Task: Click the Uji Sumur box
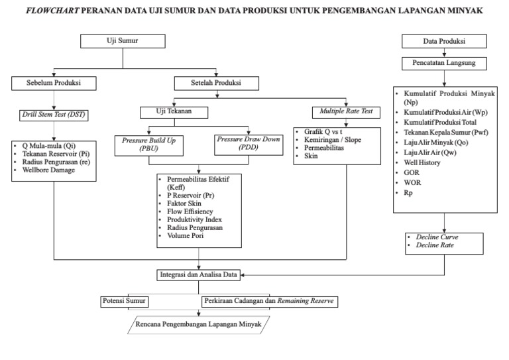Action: point(122,41)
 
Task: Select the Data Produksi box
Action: point(443,41)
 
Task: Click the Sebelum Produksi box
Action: point(54,84)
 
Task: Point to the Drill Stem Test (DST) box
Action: point(54,115)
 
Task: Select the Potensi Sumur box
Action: point(124,301)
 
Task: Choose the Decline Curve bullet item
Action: point(438,236)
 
